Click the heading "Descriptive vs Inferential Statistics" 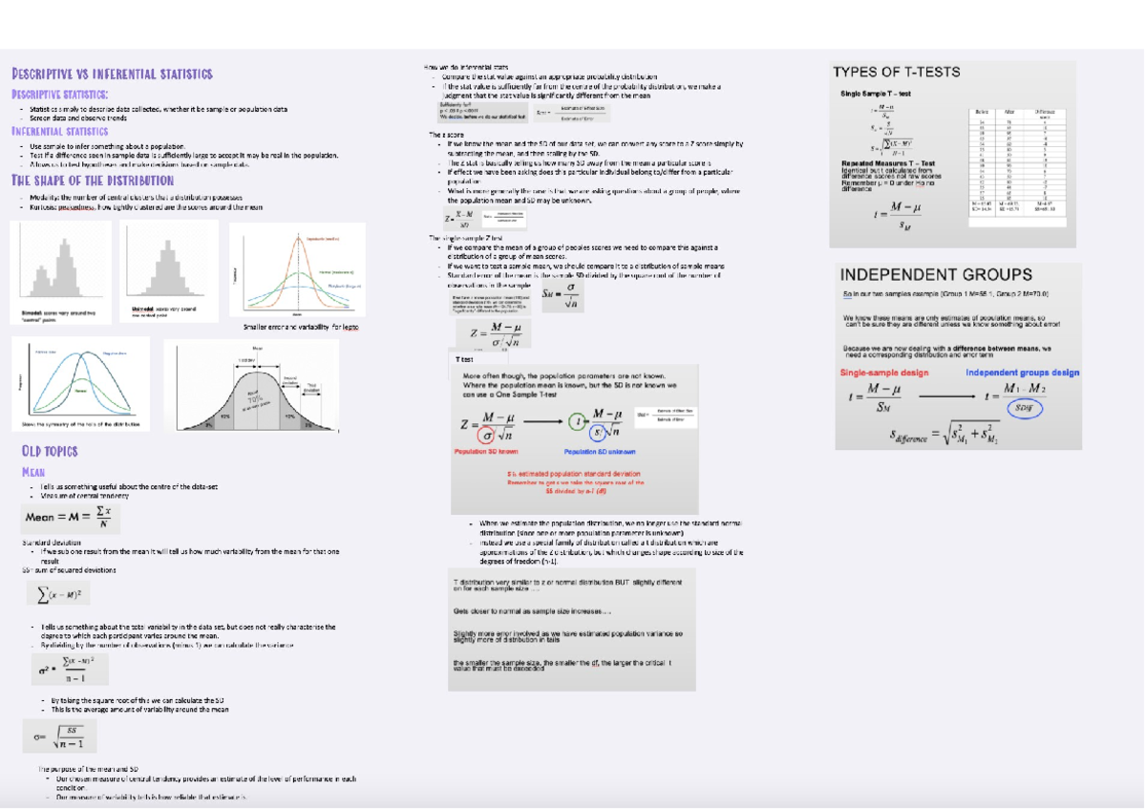coord(112,74)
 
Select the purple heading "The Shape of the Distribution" coord(93,180)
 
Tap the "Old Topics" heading coord(50,451)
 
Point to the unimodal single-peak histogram coord(168,266)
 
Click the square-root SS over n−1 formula coord(59,736)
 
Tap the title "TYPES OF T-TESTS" coord(896,72)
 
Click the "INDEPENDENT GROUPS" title coord(936,274)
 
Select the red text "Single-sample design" coord(883,373)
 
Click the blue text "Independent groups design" coord(1022,373)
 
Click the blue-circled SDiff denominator coord(1024,408)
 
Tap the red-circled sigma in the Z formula coord(490,432)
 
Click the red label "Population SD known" coord(486,452)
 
